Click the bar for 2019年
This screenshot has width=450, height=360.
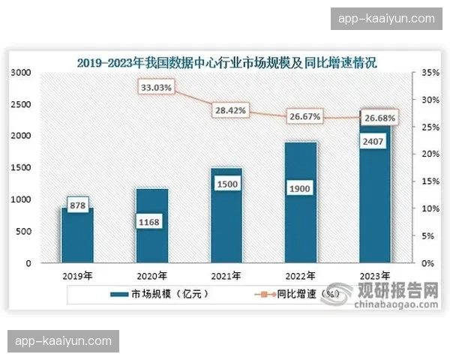coord(77,236)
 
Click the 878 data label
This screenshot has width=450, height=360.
coord(78,204)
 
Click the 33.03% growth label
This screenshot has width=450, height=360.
coord(156,88)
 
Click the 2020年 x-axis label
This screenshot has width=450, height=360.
coord(151,276)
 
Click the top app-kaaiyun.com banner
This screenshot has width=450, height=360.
coord(387,18)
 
